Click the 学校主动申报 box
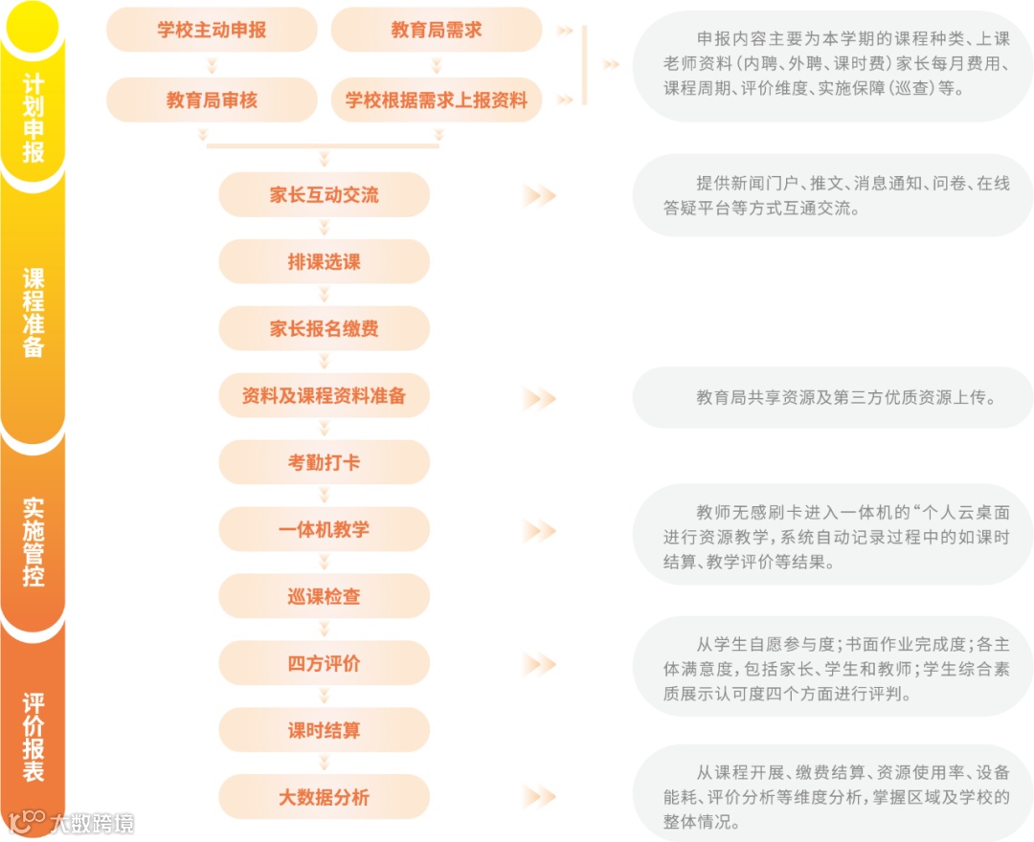(x=212, y=30)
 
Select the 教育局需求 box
(x=436, y=30)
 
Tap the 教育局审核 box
(x=212, y=100)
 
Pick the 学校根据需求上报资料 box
(x=436, y=100)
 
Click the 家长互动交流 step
(x=324, y=195)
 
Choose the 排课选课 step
(x=324, y=262)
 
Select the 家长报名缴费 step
(x=324, y=329)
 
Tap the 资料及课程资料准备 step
(x=324, y=396)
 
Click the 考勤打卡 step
(x=324, y=463)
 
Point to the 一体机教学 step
(x=324, y=530)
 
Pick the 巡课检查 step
(x=324, y=597)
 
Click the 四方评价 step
(x=324, y=664)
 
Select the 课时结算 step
(x=324, y=731)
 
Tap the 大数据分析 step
(x=324, y=798)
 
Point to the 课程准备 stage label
(x=34, y=312)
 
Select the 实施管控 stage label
(x=34, y=542)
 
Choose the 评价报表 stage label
(x=34, y=737)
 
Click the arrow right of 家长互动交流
(x=539, y=196)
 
